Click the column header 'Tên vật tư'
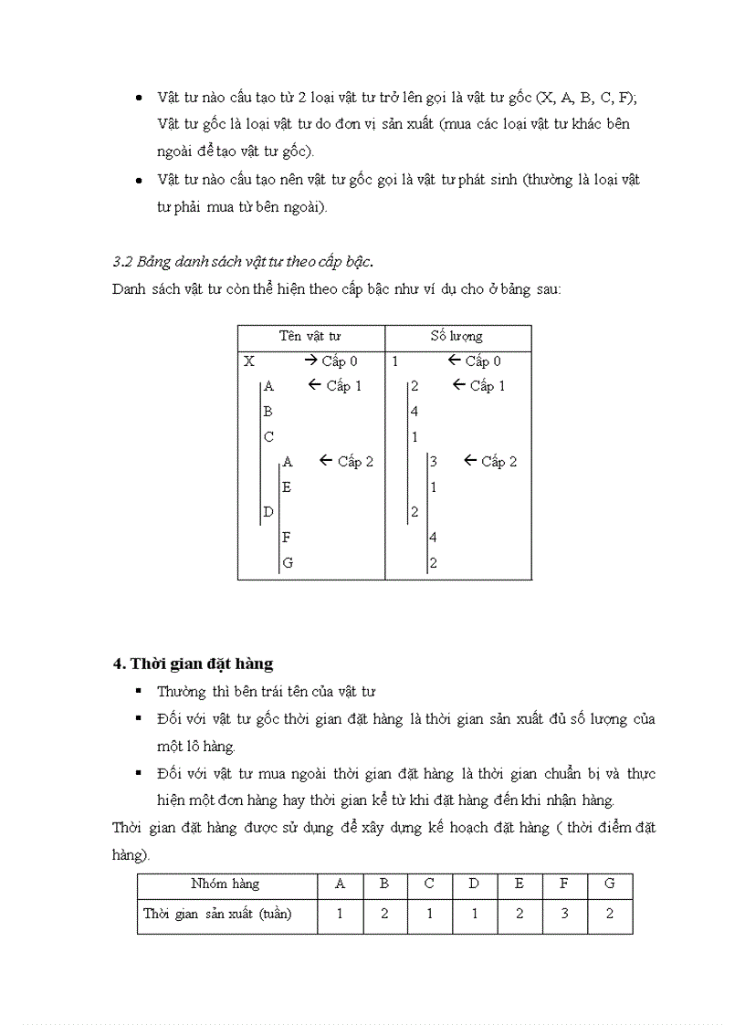(x=310, y=337)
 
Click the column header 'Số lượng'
(x=456, y=337)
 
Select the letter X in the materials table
(x=249, y=361)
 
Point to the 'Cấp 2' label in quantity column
(x=491, y=462)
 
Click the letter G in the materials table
(x=288, y=563)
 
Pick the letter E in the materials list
(x=287, y=487)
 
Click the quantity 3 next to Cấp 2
(x=434, y=462)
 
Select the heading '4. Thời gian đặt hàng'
(x=193, y=664)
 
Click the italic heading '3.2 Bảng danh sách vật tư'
(x=242, y=262)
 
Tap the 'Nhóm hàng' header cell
(x=226, y=884)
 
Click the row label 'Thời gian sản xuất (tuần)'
(x=217, y=914)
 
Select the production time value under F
(x=564, y=914)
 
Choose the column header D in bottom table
(x=474, y=884)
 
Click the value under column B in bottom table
(x=384, y=914)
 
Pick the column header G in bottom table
(x=609, y=884)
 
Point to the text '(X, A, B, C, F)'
(x=579, y=98)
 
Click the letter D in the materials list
(x=268, y=512)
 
